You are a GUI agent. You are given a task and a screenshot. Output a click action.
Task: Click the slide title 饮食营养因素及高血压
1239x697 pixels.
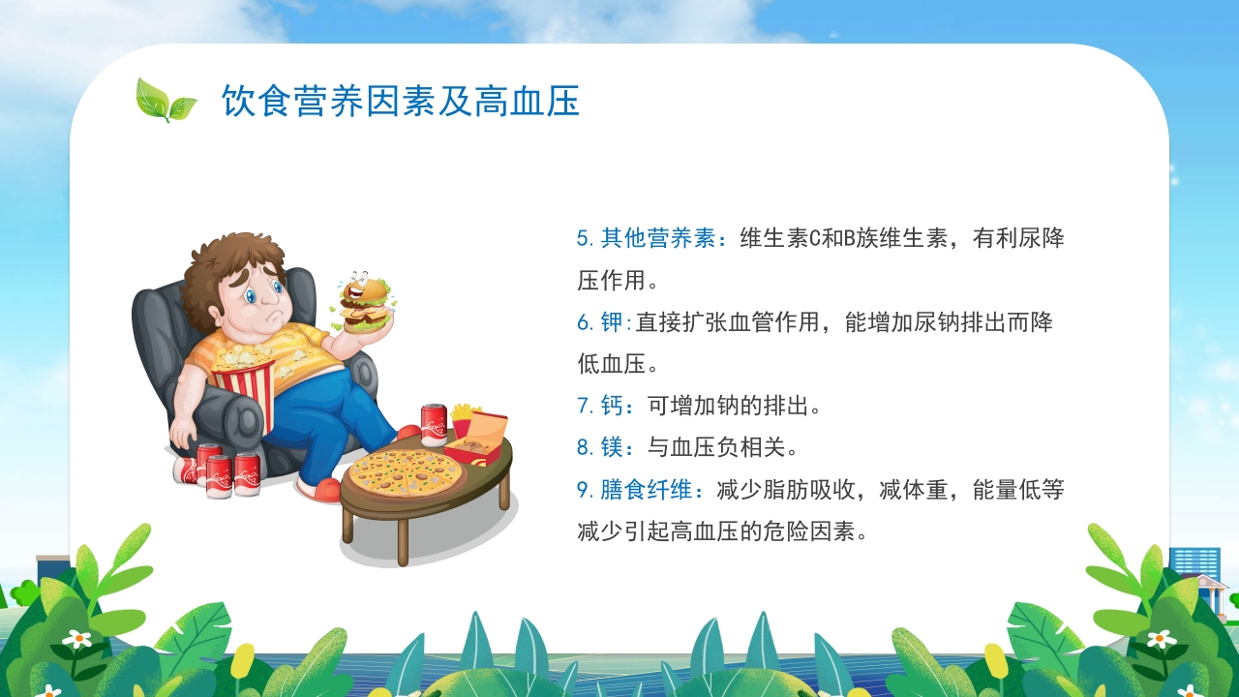click(x=400, y=102)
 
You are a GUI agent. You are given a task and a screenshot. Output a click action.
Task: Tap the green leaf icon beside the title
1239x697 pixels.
click(x=165, y=100)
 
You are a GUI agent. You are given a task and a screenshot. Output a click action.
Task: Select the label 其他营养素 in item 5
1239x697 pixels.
click(x=658, y=238)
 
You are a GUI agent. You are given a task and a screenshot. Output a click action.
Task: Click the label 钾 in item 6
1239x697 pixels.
click(x=613, y=322)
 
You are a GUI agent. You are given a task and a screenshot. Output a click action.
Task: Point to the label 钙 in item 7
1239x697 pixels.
click(x=613, y=406)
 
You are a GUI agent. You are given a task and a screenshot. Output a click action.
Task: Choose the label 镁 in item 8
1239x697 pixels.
click(x=613, y=447)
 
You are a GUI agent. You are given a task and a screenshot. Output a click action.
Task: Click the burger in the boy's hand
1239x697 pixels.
click(x=366, y=303)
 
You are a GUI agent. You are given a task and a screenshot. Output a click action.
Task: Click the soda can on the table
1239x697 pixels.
click(x=434, y=425)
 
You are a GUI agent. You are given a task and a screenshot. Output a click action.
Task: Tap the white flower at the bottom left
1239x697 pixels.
click(x=76, y=639)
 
